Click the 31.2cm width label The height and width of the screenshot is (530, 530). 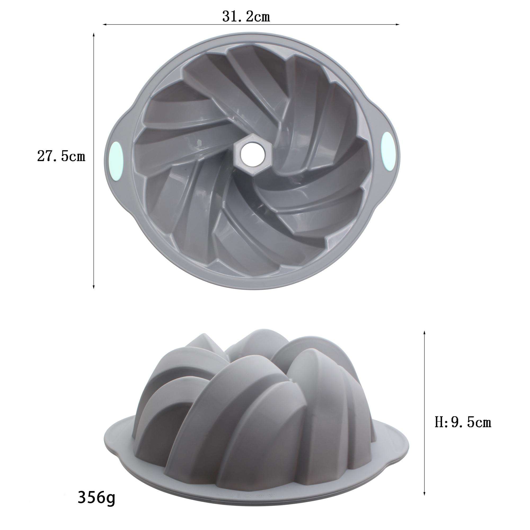(246, 17)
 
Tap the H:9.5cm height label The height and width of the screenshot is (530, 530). (463, 430)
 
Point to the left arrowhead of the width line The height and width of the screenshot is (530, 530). (104, 25)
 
